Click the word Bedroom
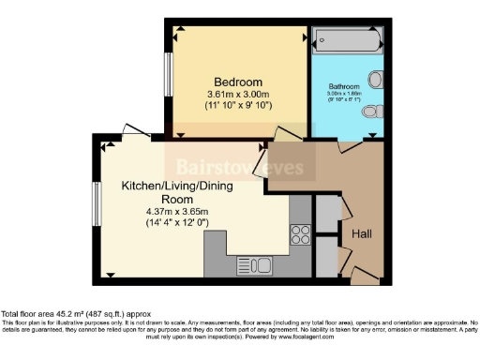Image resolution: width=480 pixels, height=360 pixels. point(236,82)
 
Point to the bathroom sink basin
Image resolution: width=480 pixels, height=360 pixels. point(377,79)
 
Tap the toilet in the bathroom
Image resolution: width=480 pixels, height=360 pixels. point(372,112)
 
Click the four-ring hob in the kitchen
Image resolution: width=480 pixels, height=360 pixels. point(301,233)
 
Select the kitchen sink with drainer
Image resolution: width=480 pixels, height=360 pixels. point(253,264)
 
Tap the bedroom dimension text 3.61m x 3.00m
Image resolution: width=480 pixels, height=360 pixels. point(236,95)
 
